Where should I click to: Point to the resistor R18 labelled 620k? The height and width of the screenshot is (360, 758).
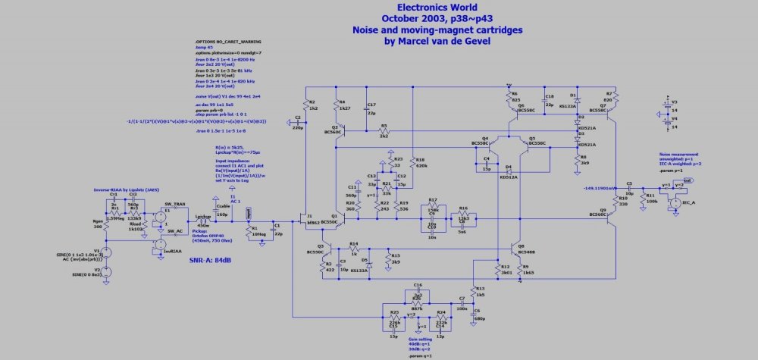tap(413, 162)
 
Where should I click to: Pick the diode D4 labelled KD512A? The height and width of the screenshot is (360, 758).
tap(509, 171)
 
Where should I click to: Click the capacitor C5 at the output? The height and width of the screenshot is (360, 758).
tap(630, 187)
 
